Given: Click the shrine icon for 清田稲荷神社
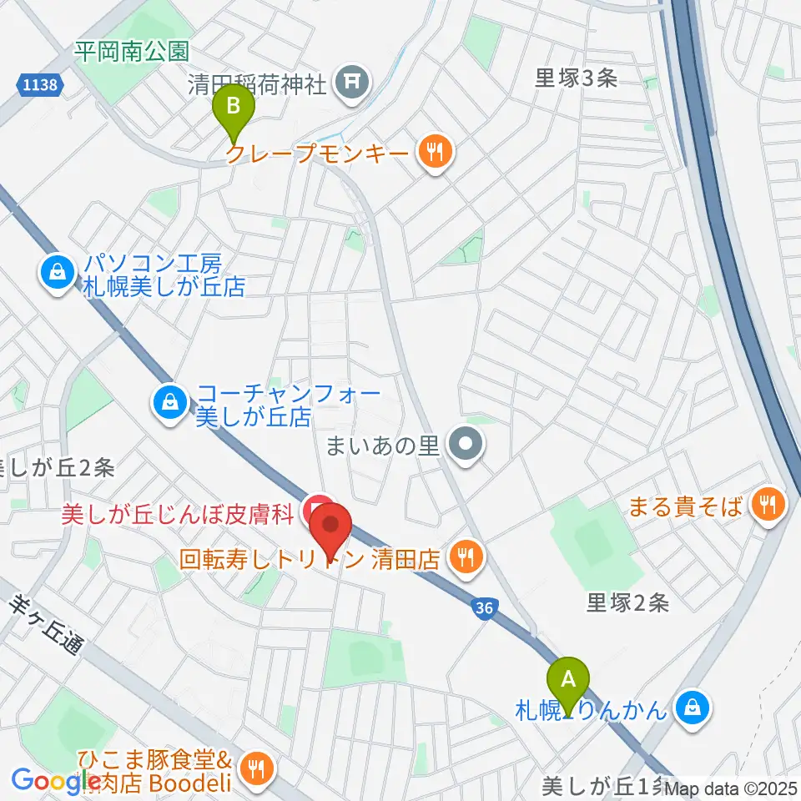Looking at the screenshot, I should point(349,81).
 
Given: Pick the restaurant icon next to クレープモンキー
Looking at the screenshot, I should point(434,152).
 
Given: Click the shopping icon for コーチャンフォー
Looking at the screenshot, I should point(170,401).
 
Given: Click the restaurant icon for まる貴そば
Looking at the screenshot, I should point(767,503).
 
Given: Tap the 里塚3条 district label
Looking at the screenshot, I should point(576,78).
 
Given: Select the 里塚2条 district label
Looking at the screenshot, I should point(628,602).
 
